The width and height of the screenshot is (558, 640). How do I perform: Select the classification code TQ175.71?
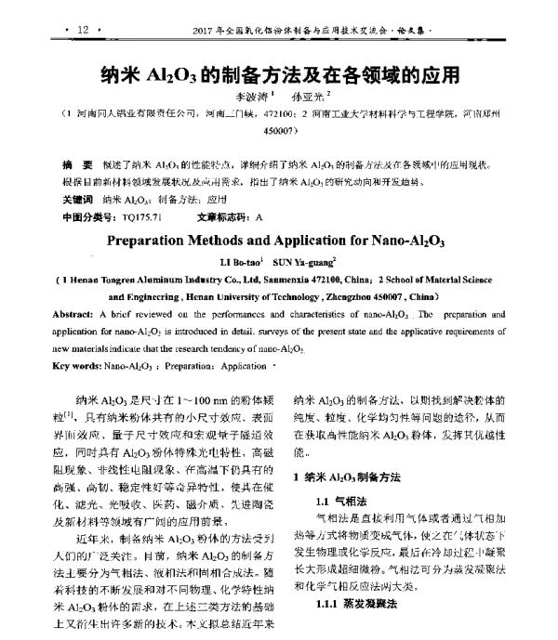(141, 216)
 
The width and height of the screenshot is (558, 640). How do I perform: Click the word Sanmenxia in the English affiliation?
(293, 279)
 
